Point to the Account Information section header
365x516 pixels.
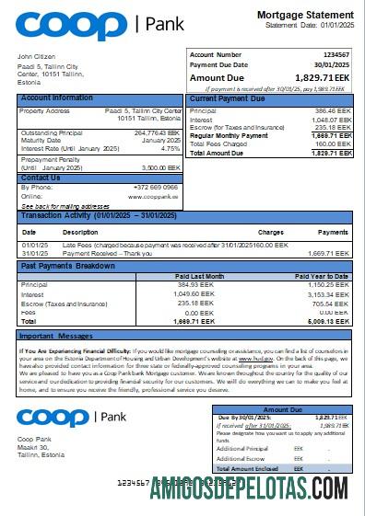tap(57, 97)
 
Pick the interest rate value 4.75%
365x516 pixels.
tap(171, 147)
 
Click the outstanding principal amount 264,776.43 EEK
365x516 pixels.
tap(158, 132)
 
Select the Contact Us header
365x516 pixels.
tap(41, 178)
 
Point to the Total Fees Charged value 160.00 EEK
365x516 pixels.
tap(333, 143)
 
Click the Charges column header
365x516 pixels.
tap(270, 232)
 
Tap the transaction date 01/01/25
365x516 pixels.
tap(36, 246)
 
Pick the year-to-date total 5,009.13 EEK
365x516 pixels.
tap(332, 322)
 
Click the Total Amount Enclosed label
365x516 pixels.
tap(250, 468)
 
